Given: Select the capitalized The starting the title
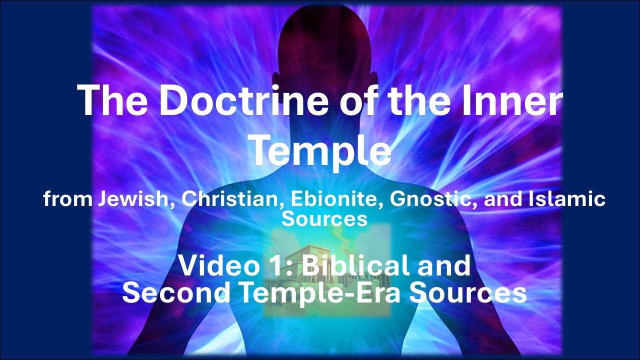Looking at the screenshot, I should point(110,100).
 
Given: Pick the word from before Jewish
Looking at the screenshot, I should point(67,199).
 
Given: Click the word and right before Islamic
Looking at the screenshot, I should point(503,199).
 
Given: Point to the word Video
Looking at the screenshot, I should point(210,265).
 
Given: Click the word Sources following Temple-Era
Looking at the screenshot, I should point(468,292).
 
